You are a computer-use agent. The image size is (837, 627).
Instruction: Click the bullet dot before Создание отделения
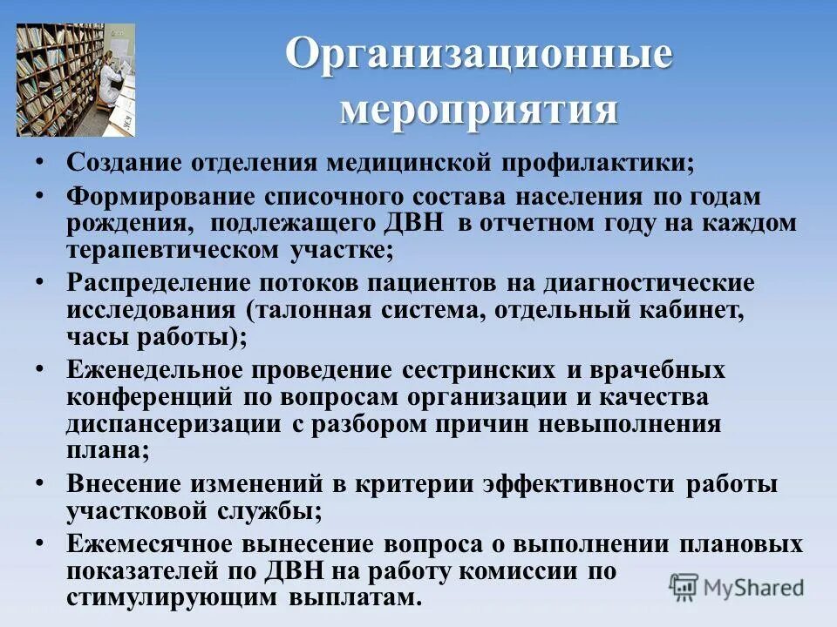(42, 162)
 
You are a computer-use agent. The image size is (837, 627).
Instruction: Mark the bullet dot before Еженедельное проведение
(42, 367)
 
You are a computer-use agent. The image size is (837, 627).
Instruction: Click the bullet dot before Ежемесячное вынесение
(42, 542)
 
